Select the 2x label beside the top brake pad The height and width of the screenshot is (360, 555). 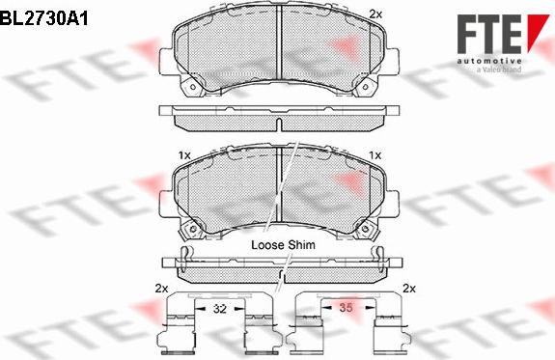(375, 14)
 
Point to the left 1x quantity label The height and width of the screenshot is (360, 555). (183, 155)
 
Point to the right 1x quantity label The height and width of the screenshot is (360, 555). (375, 155)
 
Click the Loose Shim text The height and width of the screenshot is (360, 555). (283, 245)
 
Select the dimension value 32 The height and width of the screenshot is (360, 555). (219, 310)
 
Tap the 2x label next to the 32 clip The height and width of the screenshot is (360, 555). (161, 289)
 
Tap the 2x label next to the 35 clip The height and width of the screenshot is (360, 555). (408, 289)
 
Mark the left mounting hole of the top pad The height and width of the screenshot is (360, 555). (191, 92)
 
